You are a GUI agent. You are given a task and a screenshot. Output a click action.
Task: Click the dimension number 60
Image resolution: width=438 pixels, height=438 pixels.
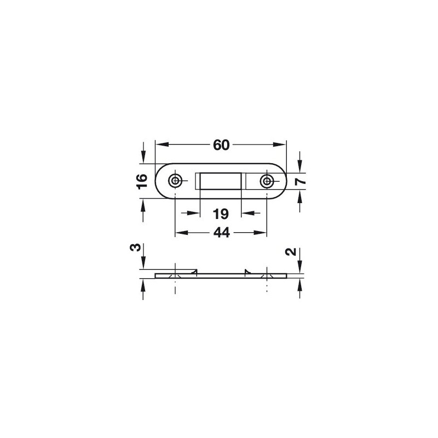tap(221, 145)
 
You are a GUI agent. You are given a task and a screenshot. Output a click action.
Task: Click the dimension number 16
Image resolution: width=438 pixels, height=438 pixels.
tap(142, 182)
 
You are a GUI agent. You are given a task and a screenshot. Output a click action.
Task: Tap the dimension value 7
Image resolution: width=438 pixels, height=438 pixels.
tap(300, 182)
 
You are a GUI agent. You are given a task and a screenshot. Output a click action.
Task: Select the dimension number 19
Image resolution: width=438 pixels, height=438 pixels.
tap(221, 214)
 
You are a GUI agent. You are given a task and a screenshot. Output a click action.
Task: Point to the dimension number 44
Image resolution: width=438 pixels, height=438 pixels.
tap(222, 232)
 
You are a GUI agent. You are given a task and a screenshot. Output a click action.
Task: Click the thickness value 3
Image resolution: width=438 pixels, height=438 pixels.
tap(135, 247)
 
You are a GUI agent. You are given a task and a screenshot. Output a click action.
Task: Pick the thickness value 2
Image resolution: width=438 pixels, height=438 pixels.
tap(291, 252)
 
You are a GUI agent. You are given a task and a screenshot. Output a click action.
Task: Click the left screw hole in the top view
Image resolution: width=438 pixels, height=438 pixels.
tap(175, 181)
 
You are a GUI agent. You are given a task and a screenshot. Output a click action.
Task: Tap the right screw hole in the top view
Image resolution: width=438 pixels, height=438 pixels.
tap(267, 181)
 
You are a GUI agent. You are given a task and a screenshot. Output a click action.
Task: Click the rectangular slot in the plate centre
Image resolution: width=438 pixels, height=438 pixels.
tap(221, 181)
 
